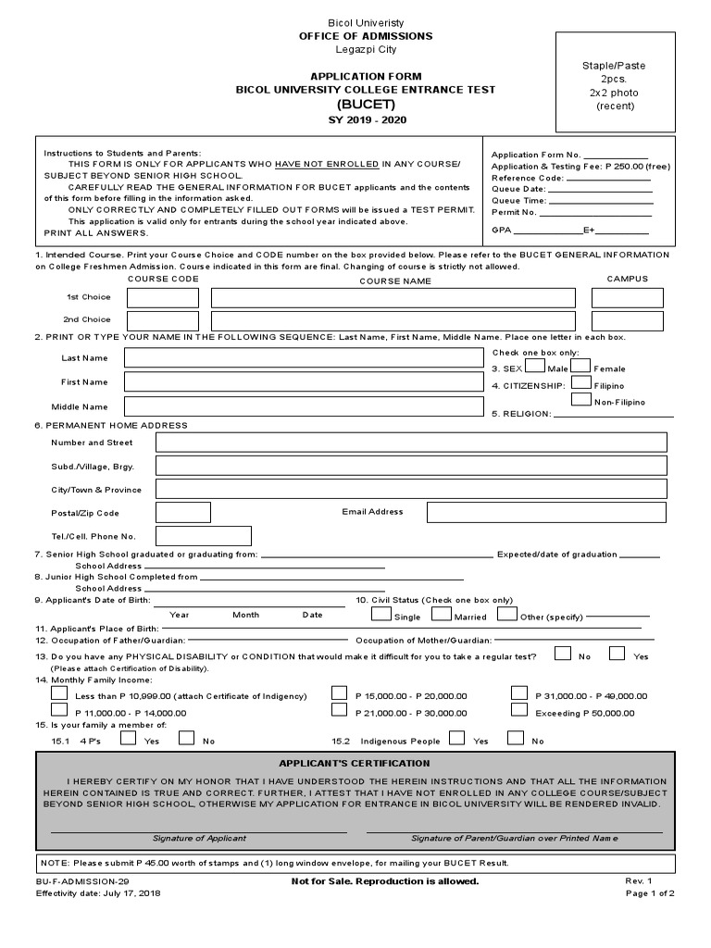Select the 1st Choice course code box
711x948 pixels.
pyautogui.click(x=163, y=298)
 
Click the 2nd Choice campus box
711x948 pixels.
pyautogui.click(x=628, y=320)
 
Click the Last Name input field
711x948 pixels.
pyautogui.click(x=304, y=358)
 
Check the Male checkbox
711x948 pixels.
pyautogui.click(x=535, y=365)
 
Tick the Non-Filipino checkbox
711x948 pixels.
pyautogui.click(x=581, y=399)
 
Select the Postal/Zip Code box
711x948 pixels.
pyautogui.click(x=183, y=513)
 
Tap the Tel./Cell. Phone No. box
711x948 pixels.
pyautogui.click(x=204, y=536)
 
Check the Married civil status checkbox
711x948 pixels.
pyautogui.click(x=442, y=613)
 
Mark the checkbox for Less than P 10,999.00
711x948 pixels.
pyautogui.click(x=59, y=692)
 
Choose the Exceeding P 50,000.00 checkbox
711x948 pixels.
pyautogui.click(x=519, y=710)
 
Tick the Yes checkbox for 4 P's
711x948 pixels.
pyautogui.click(x=129, y=738)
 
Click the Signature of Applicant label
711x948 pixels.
pyautogui.click(x=199, y=838)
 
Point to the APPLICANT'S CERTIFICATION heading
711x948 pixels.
pyautogui.click(x=355, y=763)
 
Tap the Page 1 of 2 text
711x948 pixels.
pyautogui.click(x=650, y=893)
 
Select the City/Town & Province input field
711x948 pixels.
pyautogui.click(x=411, y=488)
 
